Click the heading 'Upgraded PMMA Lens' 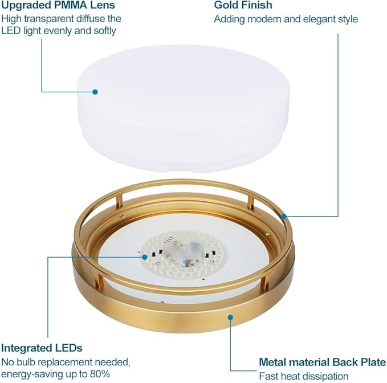point(58,5)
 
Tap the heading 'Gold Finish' point(243,5)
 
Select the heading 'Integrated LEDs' point(42,348)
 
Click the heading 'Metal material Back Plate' point(323,362)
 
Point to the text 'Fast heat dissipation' point(304,376)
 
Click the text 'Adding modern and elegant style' point(286,19)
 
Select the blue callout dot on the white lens point(95,92)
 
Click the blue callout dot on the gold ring point(284,217)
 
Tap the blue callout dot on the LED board point(145,257)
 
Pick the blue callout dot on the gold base point(230,317)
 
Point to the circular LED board point(184,255)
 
